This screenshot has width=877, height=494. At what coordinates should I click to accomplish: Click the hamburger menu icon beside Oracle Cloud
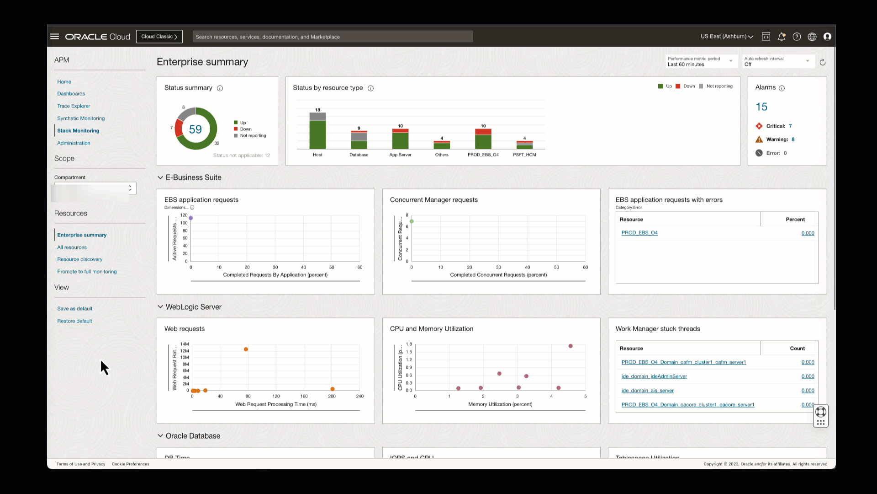pyautogui.click(x=55, y=37)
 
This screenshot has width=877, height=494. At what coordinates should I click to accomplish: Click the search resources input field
pyautogui.click(x=333, y=37)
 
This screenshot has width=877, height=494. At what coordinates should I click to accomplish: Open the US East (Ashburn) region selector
pyautogui.click(x=727, y=37)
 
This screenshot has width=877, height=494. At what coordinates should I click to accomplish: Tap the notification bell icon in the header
pyautogui.click(x=782, y=37)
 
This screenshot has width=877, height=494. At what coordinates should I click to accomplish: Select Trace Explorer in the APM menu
pyautogui.click(x=74, y=106)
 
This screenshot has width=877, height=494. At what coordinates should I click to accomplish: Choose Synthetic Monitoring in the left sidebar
pyautogui.click(x=81, y=118)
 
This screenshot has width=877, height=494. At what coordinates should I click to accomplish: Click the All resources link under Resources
pyautogui.click(x=72, y=247)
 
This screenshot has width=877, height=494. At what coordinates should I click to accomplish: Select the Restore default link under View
pyautogui.click(x=74, y=321)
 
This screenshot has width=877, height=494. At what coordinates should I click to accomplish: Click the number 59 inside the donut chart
pyautogui.click(x=195, y=129)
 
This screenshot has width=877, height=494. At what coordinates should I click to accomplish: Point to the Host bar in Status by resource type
pyautogui.click(x=317, y=133)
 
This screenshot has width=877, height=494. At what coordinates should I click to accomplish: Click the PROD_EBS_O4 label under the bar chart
pyautogui.click(x=483, y=155)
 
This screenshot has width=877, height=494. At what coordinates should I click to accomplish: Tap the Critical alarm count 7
pyautogui.click(x=790, y=126)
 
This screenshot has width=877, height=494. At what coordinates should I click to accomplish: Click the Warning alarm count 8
pyautogui.click(x=793, y=140)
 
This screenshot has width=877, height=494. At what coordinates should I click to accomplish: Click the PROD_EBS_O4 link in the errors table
pyautogui.click(x=639, y=233)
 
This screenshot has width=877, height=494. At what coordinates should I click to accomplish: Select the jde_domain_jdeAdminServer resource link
pyautogui.click(x=654, y=376)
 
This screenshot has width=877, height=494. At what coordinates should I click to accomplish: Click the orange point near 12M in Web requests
pyautogui.click(x=246, y=349)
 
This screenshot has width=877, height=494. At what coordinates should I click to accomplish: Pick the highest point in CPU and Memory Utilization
pyautogui.click(x=571, y=346)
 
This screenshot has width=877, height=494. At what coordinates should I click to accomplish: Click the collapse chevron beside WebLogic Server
pyautogui.click(x=160, y=307)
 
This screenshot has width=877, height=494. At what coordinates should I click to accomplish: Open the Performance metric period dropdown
pyautogui.click(x=700, y=61)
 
